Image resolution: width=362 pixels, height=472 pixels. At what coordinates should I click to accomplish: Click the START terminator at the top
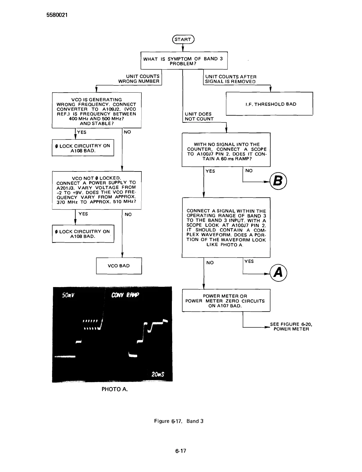[x=183, y=39]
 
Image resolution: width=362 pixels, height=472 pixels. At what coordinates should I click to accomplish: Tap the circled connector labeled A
[x=278, y=272]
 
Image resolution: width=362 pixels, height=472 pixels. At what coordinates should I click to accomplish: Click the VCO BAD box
[x=119, y=266]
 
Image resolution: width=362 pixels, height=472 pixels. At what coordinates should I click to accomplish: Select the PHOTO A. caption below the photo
[x=114, y=389]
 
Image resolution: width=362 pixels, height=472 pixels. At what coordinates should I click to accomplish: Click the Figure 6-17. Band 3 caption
[x=179, y=421]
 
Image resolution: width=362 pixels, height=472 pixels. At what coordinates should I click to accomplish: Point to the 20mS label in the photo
[x=158, y=374]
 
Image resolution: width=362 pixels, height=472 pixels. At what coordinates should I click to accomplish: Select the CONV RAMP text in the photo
[x=125, y=295]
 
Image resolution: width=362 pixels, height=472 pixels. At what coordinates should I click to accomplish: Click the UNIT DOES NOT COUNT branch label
[x=199, y=117]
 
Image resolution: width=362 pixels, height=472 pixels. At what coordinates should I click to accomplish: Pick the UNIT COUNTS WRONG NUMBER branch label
[x=139, y=79]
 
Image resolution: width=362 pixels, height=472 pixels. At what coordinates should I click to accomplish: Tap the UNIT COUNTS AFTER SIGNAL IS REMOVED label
[x=230, y=79]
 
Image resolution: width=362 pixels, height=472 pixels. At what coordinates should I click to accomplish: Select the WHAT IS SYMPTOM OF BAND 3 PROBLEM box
[x=183, y=61]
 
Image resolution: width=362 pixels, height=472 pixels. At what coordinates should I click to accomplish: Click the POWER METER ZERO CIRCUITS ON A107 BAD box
[x=226, y=301]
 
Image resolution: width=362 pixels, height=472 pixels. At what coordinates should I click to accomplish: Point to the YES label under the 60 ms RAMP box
[x=210, y=171]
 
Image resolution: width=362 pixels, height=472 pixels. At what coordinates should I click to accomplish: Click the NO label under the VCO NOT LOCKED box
[x=128, y=214]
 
